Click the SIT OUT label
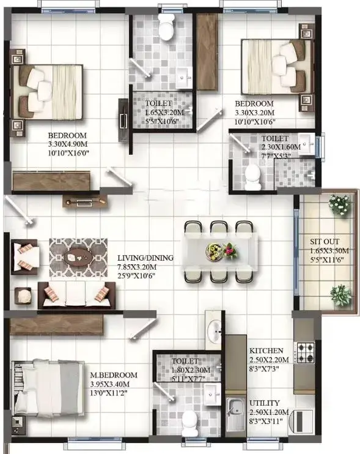tap(325, 242)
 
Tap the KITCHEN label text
tap(266, 351)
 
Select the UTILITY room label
tap(264, 403)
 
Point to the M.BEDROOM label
tap(114, 375)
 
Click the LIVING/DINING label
tap(145, 258)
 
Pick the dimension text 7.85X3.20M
tap(137, 267)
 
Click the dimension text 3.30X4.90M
tap(68, 144)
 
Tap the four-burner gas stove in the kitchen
tap(305, 352)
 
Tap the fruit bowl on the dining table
tap(215, 251)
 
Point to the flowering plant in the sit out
tap(340, 205)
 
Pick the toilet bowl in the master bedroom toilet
tap(189, 423)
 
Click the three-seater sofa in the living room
tap(76, 296)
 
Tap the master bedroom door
tap(144, 329)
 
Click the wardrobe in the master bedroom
tap(57, 325)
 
